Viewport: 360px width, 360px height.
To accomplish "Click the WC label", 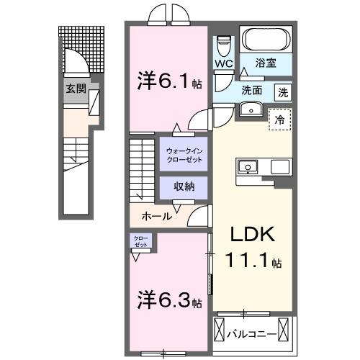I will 222,64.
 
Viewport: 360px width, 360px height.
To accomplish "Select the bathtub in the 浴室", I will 264,38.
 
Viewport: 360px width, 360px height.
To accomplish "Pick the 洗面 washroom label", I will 251,92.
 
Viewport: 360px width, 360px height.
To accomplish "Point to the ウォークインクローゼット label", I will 183,154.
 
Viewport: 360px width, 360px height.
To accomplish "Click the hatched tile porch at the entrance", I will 89,50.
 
